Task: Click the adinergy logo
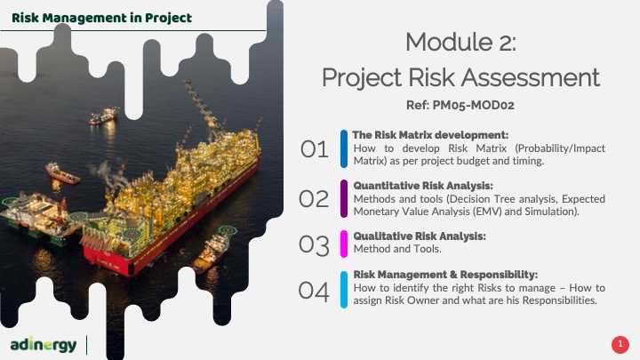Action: [x=44, y=345]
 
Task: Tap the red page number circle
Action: [x=620, y=345]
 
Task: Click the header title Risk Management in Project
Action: [x=101, y=18]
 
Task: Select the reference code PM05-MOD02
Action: [x=473, y=105]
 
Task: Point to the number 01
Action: [x=315, y=149]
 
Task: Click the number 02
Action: [x=314, y=199]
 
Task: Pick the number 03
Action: [x=314, y=245]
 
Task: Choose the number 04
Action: [x=314, y=291]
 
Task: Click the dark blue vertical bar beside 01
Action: [x=344, y=148]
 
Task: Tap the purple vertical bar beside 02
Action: [x=344, y=199]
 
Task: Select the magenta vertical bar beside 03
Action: [x=344, y=244]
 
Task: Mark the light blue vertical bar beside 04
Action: [x=344, y=290]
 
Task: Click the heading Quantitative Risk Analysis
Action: [x=423, y=186]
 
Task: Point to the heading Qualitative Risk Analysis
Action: [x=420, y=236]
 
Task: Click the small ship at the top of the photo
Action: [x=103, y=116]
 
